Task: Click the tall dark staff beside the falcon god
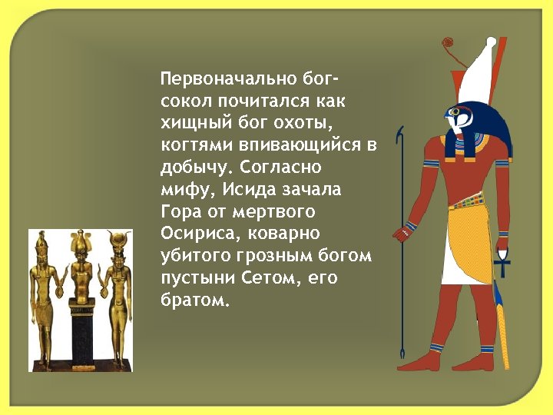pos(400,246)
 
